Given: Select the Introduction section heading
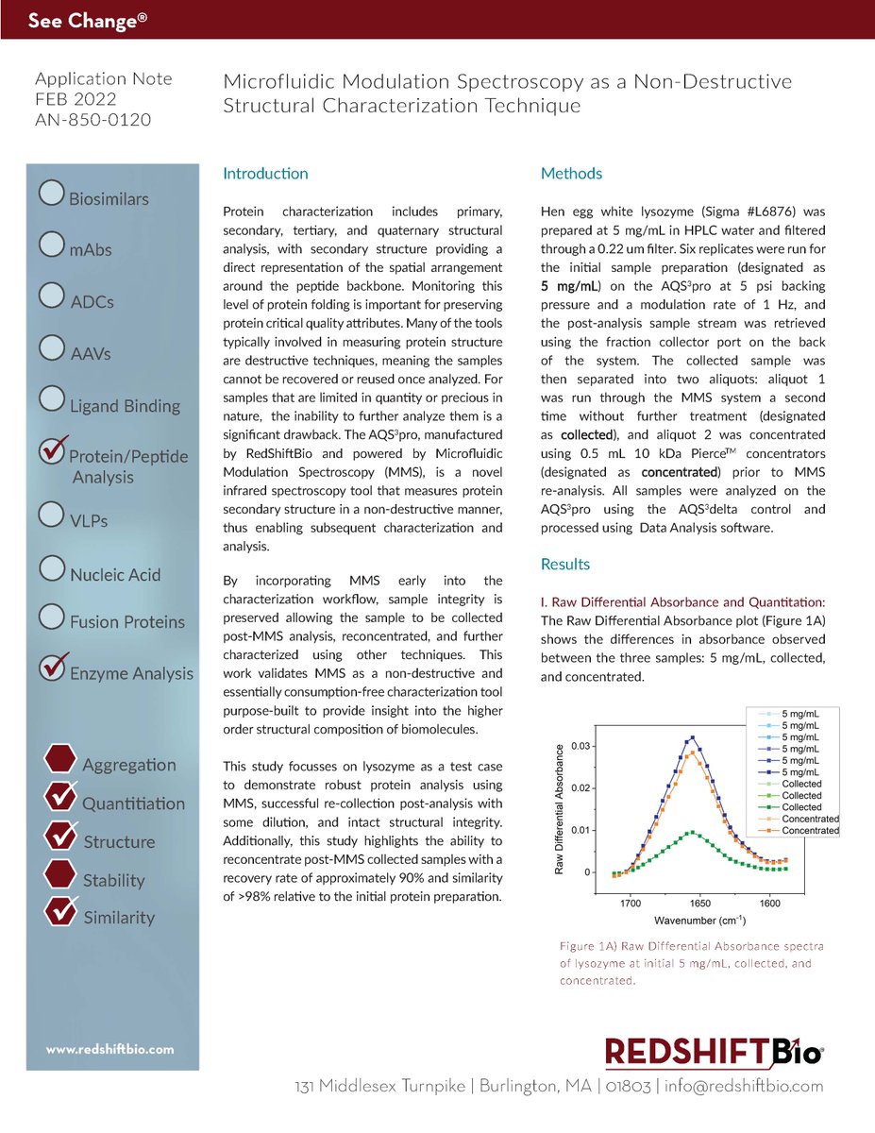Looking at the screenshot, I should click(x=265, y=174).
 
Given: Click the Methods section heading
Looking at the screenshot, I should click(x=571, y=174).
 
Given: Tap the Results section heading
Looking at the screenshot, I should click(x=564, y=565).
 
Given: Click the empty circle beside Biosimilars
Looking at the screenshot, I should click(x=52, y=194).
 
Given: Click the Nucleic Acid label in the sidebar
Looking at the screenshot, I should click(x=115, y=575).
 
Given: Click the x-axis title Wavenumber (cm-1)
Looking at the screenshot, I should click(x=698, y=921).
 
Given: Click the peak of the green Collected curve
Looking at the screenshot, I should click(x=693, y=833).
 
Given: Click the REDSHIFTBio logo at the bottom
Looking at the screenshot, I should click(x=715, y=1051).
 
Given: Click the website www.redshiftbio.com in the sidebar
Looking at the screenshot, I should click(x=110, y=1049).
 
